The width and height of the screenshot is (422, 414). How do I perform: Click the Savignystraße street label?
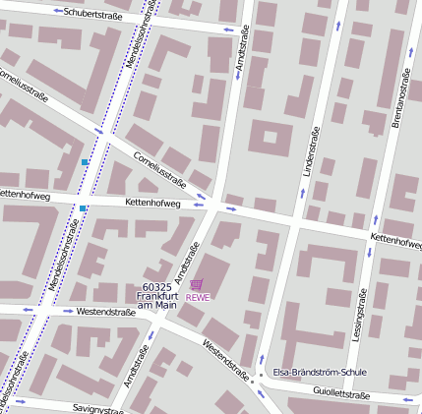point(97,408)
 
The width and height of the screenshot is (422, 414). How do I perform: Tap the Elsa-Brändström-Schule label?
point(319,373)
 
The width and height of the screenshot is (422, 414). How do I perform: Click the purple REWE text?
point(198,298)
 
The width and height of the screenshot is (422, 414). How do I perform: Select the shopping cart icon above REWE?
point(197,284)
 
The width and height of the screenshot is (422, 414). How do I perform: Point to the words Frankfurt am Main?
point(156,301)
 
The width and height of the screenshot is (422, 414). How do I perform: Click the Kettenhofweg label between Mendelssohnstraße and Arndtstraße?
point(152,202)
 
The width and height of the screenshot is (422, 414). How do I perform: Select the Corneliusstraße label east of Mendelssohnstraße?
point(160,168)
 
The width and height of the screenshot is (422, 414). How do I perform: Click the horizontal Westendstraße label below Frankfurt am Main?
point(105,312)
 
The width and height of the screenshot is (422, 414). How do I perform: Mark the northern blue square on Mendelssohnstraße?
point(86,161)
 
